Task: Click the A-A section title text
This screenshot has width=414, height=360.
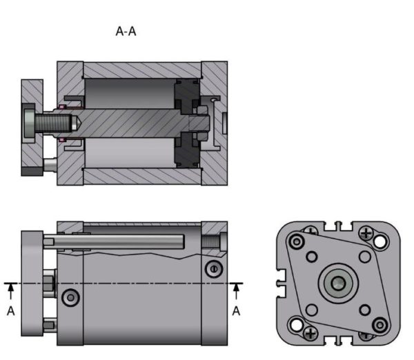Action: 126,32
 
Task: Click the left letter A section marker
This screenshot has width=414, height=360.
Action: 11,311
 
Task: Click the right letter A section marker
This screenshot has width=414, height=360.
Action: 236,311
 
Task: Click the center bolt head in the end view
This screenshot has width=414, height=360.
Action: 338,282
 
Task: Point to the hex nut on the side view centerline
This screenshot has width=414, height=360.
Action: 48,283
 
